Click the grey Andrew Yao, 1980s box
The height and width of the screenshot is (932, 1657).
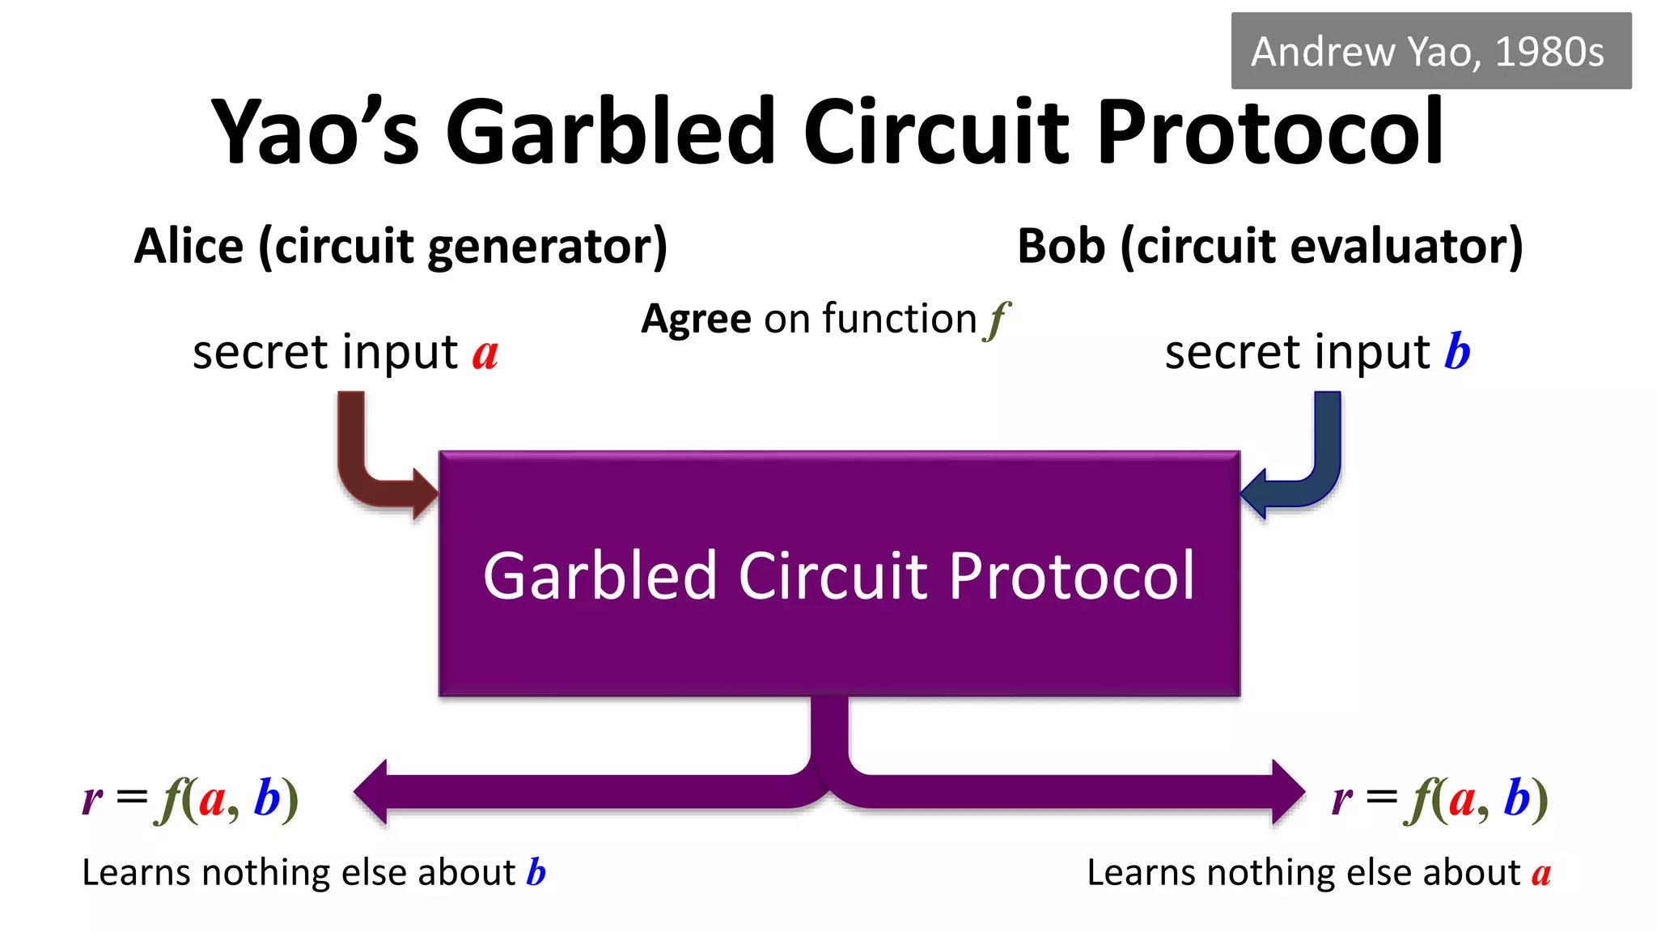click(x=1430, y=51)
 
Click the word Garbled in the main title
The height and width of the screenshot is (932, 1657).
click(x=611, y=132)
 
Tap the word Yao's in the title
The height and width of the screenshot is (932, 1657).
click(x=316, y=132)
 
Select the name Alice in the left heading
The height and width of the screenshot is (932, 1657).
click(x=189, y=247)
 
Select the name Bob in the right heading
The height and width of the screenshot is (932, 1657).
click(x=1061, y=247)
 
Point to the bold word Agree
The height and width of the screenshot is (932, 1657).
click(x=697, y=320)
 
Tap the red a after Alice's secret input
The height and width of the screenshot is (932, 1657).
click(x=485, y=354)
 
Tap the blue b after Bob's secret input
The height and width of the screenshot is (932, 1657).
click(x=1457, y=352)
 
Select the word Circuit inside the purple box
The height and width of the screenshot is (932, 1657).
click(x=833, y=576)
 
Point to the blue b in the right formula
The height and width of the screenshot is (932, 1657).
click(x=1516, y=799)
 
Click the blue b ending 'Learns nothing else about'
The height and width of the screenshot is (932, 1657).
click(x=536, y=872)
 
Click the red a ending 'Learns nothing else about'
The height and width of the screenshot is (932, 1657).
click(x=1540, y=874)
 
